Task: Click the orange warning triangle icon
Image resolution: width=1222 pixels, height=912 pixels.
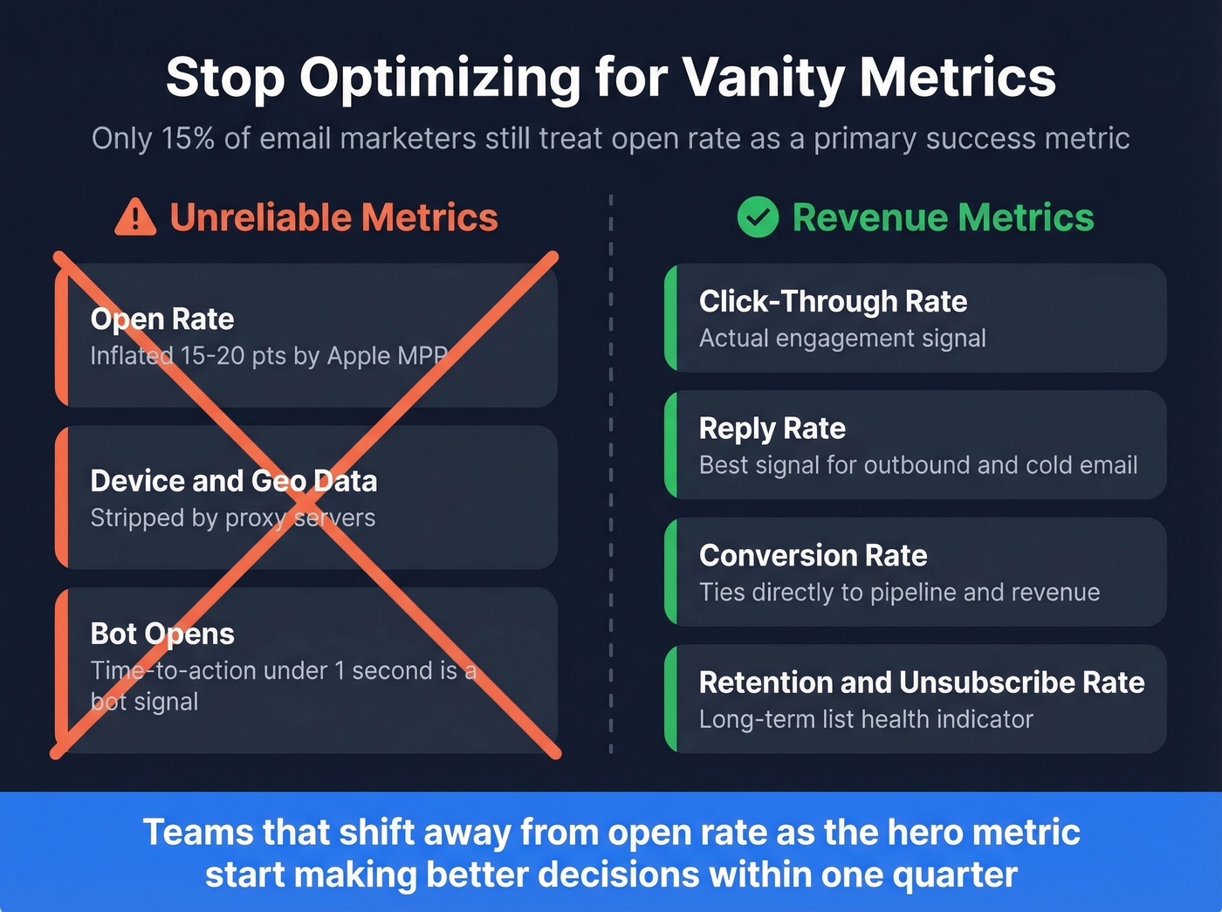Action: (135, 217)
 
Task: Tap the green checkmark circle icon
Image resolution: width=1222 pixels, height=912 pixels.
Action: (758, 217)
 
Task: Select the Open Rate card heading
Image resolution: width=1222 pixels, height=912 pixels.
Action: (162, 319)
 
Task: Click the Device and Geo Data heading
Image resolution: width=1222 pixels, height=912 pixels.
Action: (234, 481)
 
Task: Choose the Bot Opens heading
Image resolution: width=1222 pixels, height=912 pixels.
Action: (162, 634)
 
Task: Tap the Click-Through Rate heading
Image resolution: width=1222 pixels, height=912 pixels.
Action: (833, 302)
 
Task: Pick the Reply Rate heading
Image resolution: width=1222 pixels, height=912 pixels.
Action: (772, 429)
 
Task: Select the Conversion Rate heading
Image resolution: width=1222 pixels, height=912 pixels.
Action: (813, 556)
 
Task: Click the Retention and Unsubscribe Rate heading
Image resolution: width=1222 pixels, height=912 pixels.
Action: (921, 682)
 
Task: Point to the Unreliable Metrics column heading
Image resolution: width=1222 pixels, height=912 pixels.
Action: (333, 217)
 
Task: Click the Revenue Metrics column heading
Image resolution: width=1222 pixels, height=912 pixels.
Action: (943, 217)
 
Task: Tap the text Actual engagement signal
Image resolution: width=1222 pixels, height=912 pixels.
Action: (842, 339)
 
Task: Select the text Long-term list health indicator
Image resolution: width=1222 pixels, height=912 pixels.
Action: (866, 719)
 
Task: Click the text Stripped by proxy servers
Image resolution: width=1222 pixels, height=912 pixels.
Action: (233, 518)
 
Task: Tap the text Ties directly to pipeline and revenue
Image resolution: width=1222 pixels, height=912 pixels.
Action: (899, 593)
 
